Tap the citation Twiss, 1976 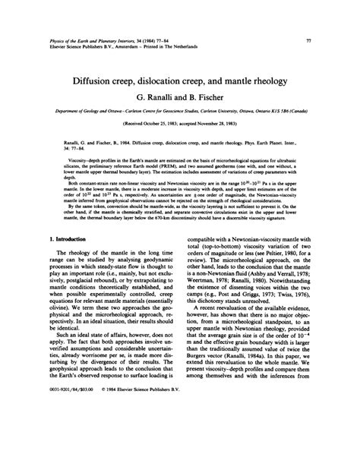pos(292,361)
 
